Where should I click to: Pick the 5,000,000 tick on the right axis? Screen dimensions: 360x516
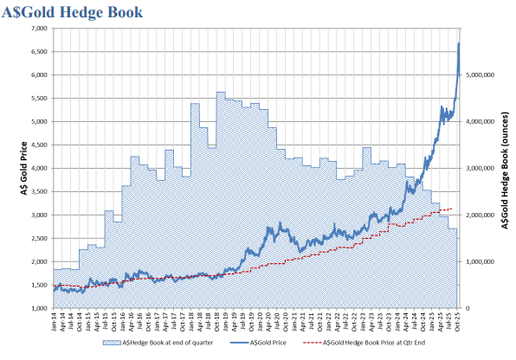[x=479, y=75]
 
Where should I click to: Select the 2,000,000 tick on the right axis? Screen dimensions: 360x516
[x=479, y=215]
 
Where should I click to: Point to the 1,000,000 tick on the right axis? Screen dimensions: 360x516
[x=479, y=261]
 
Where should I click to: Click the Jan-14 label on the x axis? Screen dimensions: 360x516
[x=55, y=323]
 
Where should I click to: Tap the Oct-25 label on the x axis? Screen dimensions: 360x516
[x=456, y=323]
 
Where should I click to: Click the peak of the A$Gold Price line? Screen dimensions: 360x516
[x=458, y=43]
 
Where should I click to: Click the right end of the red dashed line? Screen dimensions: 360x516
[x=451, y=209]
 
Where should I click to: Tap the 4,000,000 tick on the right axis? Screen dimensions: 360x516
[x=479, y=122]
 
